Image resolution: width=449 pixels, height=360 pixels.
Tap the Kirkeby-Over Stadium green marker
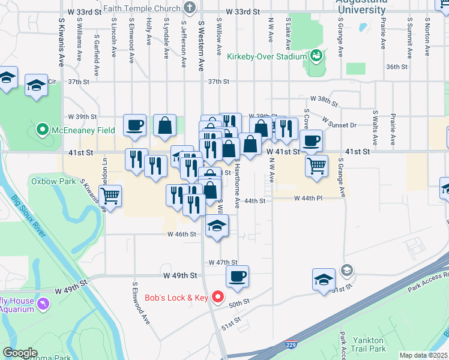coord(316,57)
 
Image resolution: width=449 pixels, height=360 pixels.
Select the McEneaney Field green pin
coord(42,129)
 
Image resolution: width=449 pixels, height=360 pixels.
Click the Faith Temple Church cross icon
coord(190,8)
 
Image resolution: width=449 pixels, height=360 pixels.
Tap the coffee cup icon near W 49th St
coord(237,277)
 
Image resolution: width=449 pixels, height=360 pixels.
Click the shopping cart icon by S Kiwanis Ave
coord(110,195)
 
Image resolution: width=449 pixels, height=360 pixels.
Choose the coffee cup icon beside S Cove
coord(310,141)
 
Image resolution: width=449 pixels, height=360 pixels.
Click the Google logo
coord(20,353)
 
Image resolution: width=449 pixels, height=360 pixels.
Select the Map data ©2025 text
coord(423,355)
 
